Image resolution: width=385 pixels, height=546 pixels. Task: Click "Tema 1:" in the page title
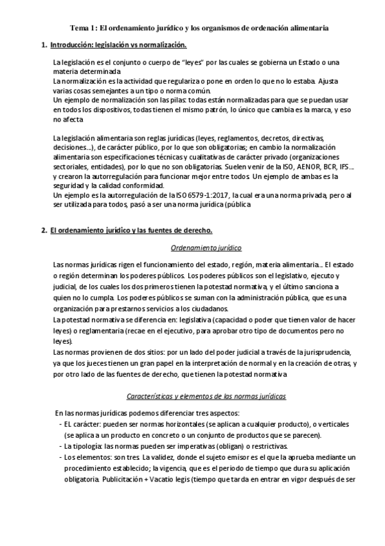tap(83, 28)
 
